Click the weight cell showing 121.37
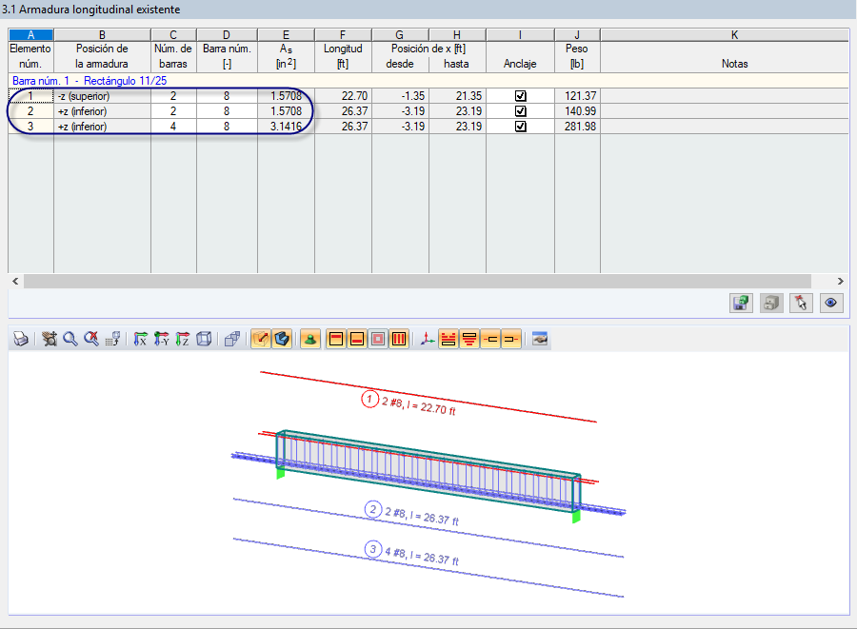click(577, 96)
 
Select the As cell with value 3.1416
click(286, 127)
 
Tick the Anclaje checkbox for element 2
click(520, 111)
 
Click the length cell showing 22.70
click(343, 96)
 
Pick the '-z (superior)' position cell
click(102, 96)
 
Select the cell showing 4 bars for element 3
click(173, 127)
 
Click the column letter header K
click(734, 35)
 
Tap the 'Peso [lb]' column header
click(577, 56)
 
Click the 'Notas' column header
click(734, 64)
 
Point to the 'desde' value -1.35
click(400, 96)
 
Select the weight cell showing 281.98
click(577, 127)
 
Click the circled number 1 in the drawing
click(369, 399)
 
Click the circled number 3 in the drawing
click(372, 549)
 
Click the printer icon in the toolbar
click(20, 340)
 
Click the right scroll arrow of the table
click(840, 282)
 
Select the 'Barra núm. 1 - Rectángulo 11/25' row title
click(90, 81)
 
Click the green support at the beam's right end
click(576, 517)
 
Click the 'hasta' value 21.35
click(457, 96)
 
